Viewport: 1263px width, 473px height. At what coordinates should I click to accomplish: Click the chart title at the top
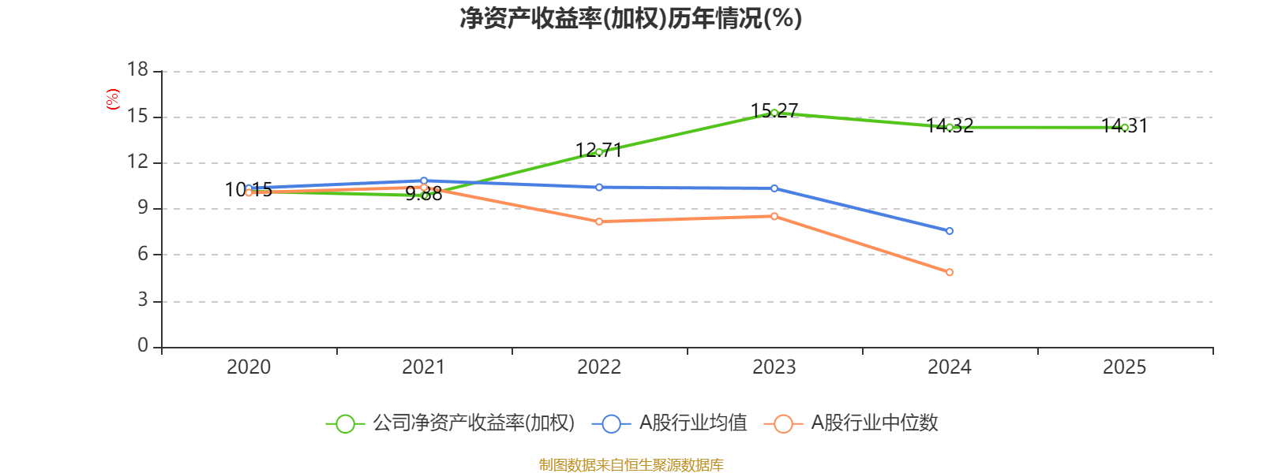point(631,18)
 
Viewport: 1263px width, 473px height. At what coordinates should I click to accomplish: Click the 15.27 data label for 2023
point(774,110)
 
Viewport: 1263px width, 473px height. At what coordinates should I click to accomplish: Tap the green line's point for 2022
point(599,152)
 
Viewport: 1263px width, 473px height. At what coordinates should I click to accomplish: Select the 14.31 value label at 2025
point(1124,125)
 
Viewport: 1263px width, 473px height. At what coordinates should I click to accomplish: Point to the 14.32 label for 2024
point(950,125)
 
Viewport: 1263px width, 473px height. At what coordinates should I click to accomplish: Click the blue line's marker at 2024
point(950,231)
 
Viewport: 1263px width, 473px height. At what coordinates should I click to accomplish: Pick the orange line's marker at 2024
point(950,272)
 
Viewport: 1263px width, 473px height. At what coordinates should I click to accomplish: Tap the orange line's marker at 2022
point(599,222)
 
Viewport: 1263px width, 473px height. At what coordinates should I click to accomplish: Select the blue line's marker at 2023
point(774,188)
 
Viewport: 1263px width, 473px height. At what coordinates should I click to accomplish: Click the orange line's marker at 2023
point(774,216)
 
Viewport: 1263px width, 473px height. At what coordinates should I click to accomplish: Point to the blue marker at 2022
point(599,187)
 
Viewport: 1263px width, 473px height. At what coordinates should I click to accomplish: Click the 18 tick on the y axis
point(137,70)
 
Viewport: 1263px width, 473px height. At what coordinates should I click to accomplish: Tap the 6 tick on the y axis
point(143,254)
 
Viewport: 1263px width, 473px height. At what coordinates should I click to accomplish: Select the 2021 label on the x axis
point(424,367)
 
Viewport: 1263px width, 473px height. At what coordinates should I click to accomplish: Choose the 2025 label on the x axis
point(1124,367)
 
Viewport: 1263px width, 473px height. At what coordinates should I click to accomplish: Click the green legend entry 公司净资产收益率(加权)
point(450,423)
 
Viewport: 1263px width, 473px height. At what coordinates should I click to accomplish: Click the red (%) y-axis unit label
point(113,99)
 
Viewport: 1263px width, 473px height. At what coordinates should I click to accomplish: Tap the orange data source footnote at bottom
point(631,465)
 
